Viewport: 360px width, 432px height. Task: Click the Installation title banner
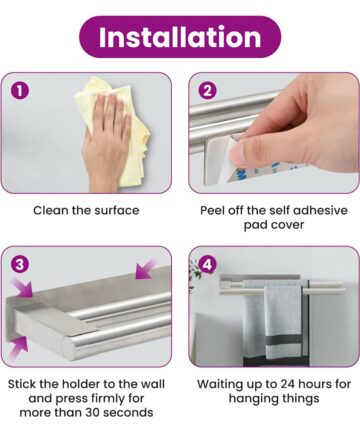(x=180, y=37)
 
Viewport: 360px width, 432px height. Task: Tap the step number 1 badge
(x=20, y=91)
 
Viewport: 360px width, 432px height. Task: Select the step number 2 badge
(x=207, y=91)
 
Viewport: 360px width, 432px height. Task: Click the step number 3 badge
(x=20, y=264)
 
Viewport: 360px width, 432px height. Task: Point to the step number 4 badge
(x=207, y=264)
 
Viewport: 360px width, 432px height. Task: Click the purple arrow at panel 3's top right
(x=146, y=269)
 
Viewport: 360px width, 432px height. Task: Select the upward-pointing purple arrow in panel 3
(x=19, y=348)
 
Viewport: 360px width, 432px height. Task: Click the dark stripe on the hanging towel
(x=283, y=341)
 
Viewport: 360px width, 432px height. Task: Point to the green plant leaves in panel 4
(x=194, y=271)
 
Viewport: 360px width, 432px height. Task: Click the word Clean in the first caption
(x=47, y=210)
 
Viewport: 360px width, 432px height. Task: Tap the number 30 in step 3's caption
(x=93, y=412)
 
